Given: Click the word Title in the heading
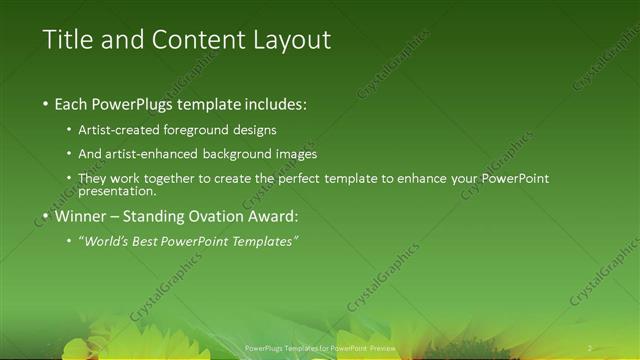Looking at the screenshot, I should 67,40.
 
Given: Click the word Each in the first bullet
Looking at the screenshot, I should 74,103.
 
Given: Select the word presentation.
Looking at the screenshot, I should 117,190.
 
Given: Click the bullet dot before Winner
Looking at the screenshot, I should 46,216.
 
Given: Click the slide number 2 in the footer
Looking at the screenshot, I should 590,348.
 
